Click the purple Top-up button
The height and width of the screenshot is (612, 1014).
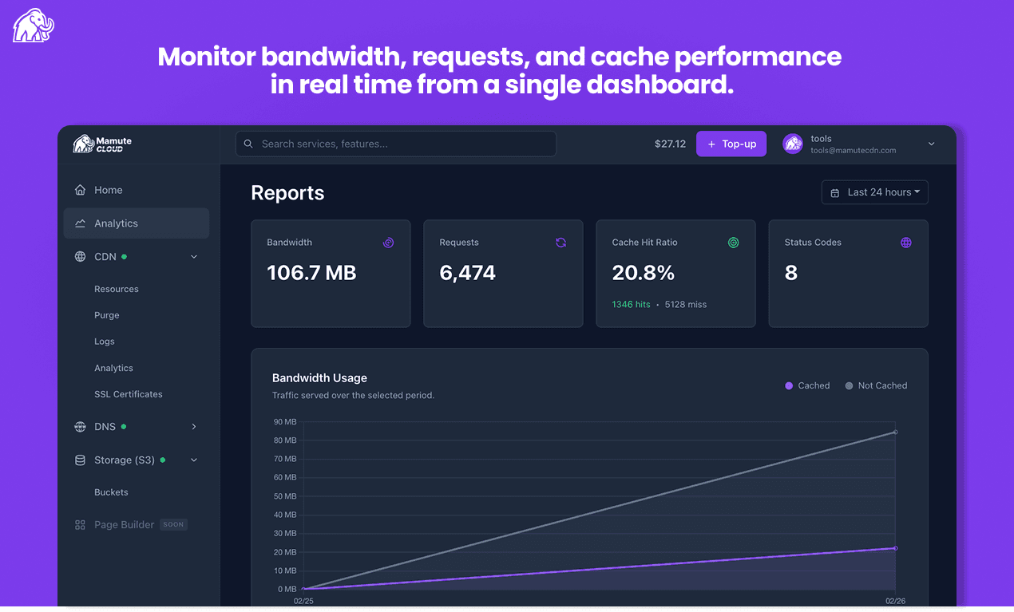click(x=731, y=144)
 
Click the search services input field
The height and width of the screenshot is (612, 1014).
click(x=395, y=144)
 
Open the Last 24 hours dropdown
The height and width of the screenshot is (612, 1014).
click(x=874, y=192)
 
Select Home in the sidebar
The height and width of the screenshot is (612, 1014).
click(x=108, y=190)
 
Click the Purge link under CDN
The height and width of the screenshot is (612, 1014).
click(x=106, y=315)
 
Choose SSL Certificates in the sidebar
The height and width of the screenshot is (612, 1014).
click(x=128, y=394)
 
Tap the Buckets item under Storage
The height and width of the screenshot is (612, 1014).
click(x=111, y=492)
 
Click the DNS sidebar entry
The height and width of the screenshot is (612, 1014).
click(x=105, y=427)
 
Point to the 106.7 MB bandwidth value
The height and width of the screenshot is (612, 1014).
click(x=311, y=273)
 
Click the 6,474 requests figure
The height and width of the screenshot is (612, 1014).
click(x=467, y=273)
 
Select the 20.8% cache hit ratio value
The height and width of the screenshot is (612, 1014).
click(x=643, y=273)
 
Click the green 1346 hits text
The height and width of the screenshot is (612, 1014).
click(x=631, y=304)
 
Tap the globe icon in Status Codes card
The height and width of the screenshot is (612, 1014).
click(x=905, y=243)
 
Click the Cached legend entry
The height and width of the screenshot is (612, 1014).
click(x=807, y=385)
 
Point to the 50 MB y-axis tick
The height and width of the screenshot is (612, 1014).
click(x=285, y=496)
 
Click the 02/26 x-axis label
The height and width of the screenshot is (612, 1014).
click(x=895, y=601)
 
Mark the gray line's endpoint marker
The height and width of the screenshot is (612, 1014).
click(x=895, y=432)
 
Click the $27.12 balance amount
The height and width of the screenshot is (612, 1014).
click(x=670, y=144)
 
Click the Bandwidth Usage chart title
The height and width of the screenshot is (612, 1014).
click(x=319, y=378)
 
